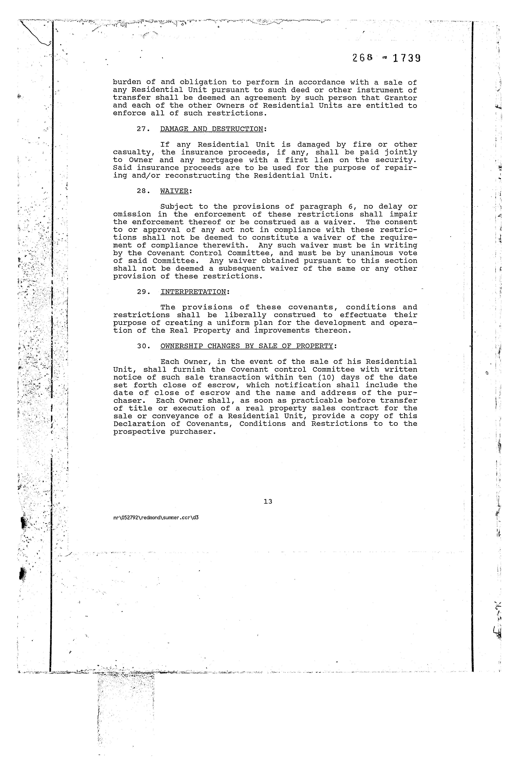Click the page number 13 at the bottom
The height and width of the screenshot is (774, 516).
[268, 502]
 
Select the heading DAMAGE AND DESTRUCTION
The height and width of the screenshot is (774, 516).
[212, 129]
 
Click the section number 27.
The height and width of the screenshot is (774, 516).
[143, 129]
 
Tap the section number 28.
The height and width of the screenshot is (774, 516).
[143, 191]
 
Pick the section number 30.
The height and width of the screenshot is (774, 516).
[143, 346]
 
